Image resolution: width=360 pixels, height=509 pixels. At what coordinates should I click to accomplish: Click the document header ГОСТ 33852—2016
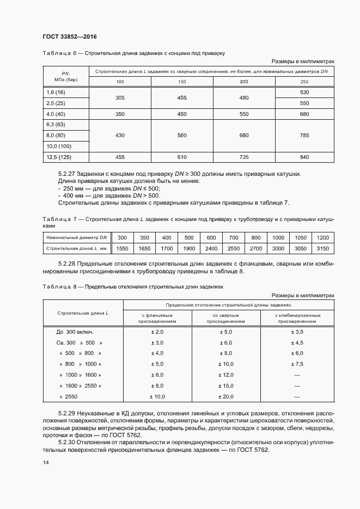(x=70, y=36)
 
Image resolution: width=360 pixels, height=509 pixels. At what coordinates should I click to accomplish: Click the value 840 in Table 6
(x=304, y=157)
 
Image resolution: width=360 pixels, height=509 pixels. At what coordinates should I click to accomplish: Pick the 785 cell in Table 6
(x=304, y=136)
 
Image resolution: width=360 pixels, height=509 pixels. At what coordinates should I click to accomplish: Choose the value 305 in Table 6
(x=120, y=98)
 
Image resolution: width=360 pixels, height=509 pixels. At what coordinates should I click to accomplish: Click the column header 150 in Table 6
(x=182, y=82)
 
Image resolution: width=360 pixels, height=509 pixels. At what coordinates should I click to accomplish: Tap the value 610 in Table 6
(x=182, y=157)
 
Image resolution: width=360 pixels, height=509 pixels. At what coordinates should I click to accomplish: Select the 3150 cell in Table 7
(x=322, y=248)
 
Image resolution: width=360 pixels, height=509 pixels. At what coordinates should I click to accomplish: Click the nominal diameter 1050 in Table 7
(x=300, y=238)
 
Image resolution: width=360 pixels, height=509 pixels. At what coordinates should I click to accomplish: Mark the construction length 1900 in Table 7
(x=189, y=248)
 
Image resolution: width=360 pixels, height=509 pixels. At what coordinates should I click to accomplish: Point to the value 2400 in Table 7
(x=211, y=248)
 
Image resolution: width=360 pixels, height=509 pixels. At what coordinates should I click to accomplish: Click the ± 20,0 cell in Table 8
(x=225, y=396)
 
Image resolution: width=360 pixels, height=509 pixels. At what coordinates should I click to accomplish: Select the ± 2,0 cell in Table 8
(x=157, y=332)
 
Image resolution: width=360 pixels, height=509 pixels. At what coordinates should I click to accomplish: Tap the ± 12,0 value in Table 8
(x=225, y=375)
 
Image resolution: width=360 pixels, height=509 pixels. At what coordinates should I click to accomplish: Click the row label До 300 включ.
(x=75, y=332)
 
